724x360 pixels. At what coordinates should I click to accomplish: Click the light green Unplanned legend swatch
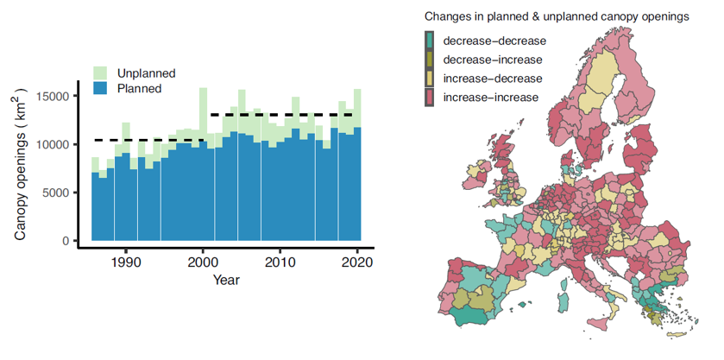(101, 73)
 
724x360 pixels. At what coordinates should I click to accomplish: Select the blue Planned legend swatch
(101, 88)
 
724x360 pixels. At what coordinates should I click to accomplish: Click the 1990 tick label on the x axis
(126, 261)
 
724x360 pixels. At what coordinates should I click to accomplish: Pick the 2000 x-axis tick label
(202, 261)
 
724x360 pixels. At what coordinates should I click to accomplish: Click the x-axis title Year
(226, 280)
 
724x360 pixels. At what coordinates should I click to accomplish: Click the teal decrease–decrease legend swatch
(429, 41)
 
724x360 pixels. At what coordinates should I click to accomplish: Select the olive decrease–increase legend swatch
(429, 60)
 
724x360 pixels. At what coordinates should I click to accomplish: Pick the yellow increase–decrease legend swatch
(429, 79)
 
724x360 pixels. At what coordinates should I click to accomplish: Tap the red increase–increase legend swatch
(429, 98)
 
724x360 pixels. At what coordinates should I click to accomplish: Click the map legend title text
(545, 17)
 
